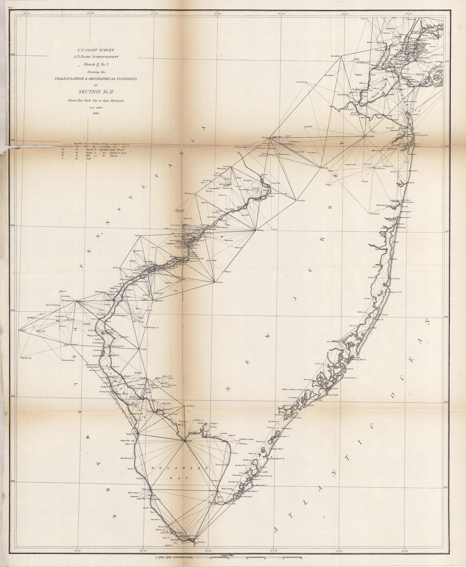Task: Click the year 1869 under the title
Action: [x=96, y=113]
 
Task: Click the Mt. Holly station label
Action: [x=260, y=230]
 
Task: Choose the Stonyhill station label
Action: [x=301, y=200]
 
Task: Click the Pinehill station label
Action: [x=220, y=282]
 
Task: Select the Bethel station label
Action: [x=116, y=268]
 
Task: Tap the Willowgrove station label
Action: [x=189, y=193]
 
